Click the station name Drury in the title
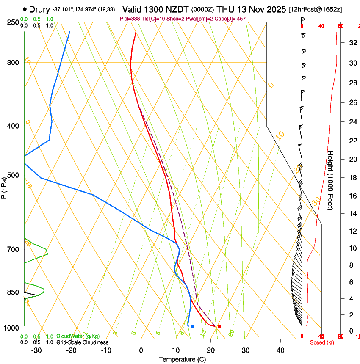[x=39, y=9]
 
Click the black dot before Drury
[x=25, y=9]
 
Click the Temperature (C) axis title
[x=182, y=359]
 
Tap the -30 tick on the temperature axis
[x=36, y=350]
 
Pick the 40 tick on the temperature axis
[x=280, y=350]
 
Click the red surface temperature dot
[x=219, y=326]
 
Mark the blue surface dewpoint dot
[x=193, y=326]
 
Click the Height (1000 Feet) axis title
[x=331, y=180]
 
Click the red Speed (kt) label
[x=321, y=342]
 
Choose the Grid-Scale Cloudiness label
[x=82, y=342]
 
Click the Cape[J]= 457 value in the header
[x=230, y=19]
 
